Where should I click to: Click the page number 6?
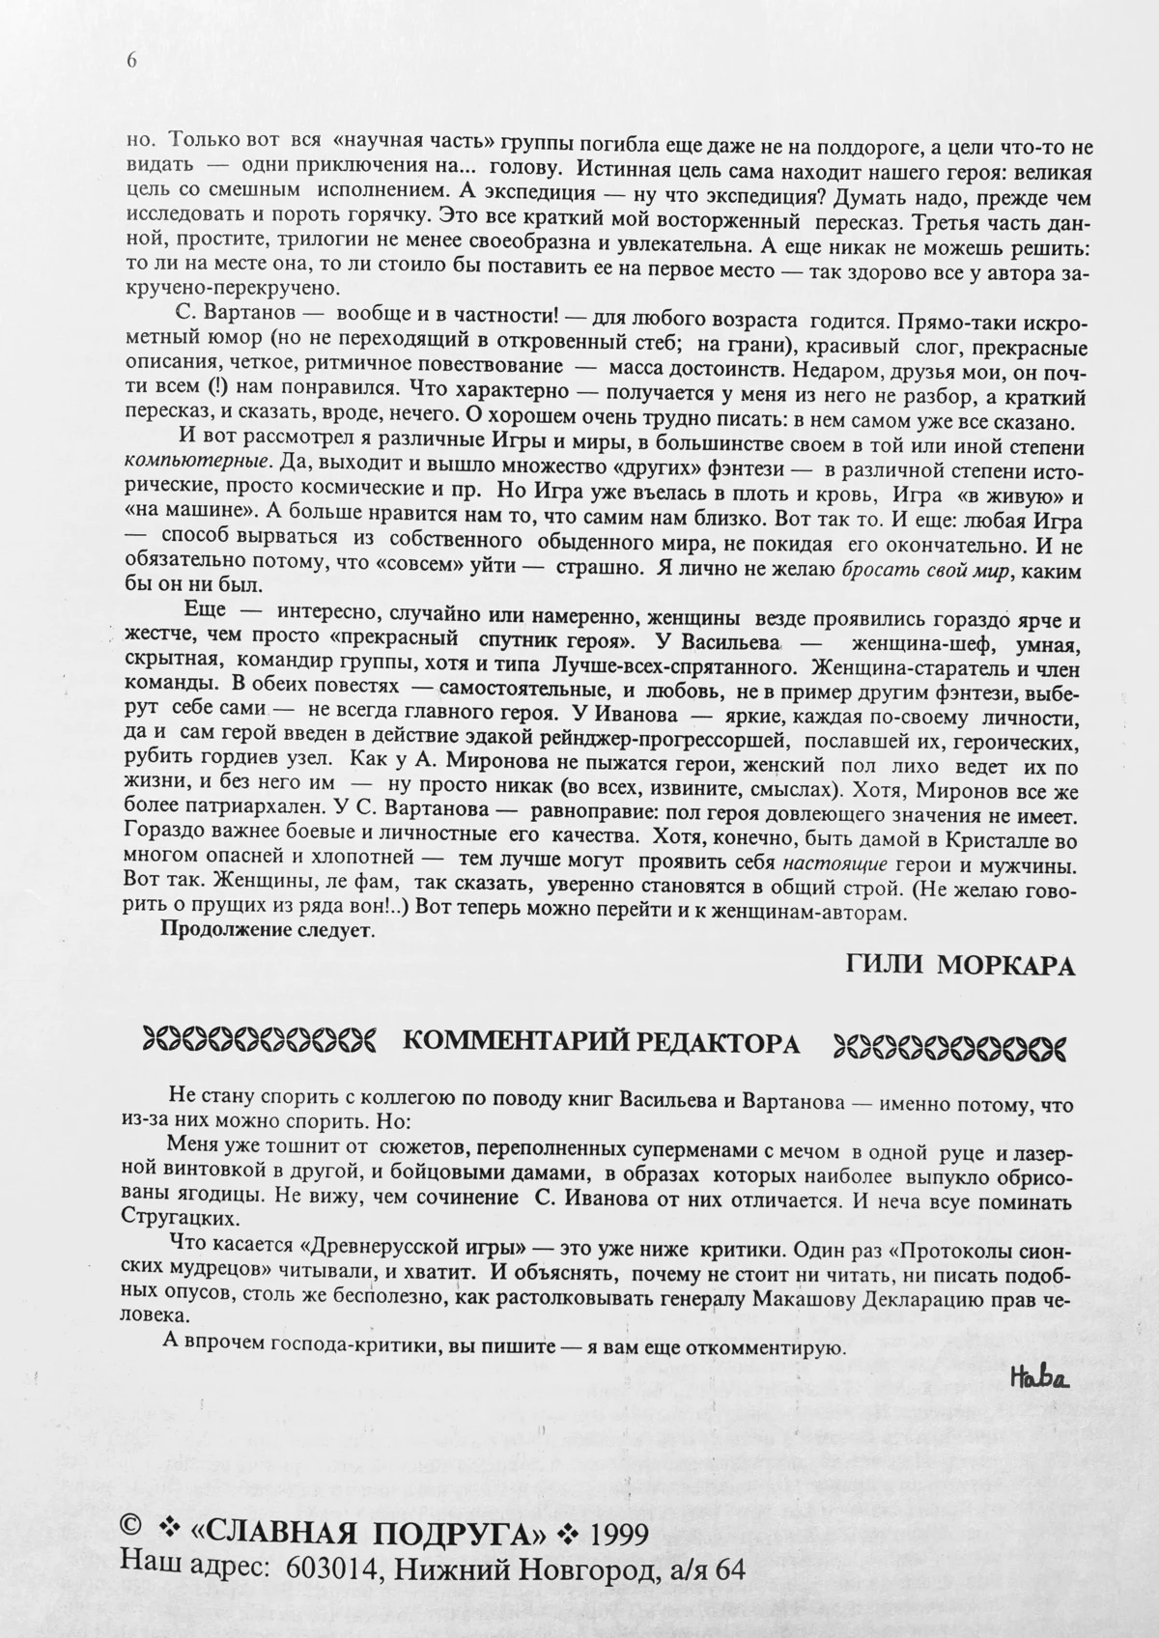point(131,60)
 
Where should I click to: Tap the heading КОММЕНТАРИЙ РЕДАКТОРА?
point(601,1043)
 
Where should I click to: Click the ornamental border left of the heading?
point(258,1042)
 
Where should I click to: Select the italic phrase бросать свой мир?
point(926,571)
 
